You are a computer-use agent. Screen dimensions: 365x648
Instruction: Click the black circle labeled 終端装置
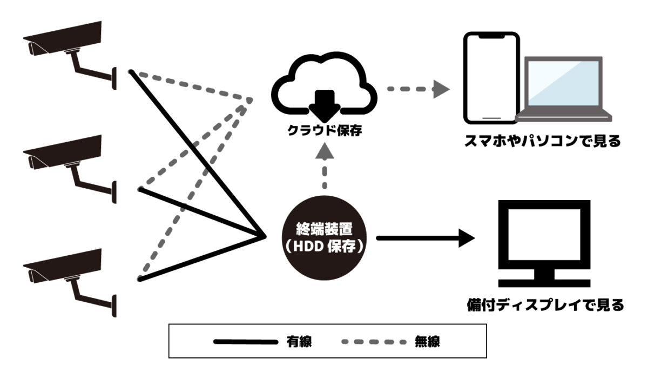pos(324,237)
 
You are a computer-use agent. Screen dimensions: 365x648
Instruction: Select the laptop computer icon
pos(564,89)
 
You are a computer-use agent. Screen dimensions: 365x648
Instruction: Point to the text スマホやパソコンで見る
pos(543,142)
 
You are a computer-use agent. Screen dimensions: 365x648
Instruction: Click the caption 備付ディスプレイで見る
pos(545,305)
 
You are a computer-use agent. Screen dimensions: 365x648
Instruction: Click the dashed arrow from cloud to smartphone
pos(418,89)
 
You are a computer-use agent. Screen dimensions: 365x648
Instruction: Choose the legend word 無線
pos(427,341)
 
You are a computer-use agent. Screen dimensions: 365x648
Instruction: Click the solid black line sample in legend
pos(246,342)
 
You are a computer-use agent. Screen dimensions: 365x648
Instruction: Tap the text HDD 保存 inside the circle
pos(324,245)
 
